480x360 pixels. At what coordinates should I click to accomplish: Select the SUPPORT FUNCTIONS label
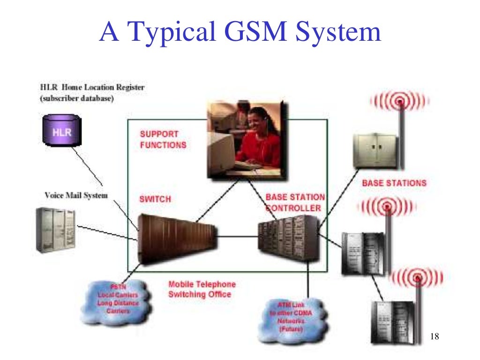[x=163, y=140]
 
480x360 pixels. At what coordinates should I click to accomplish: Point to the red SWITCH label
[x=155, y=199]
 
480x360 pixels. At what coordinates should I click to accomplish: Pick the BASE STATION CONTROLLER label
[x=294, y=202]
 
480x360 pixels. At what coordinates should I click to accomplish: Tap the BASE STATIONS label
[x=394, y=183]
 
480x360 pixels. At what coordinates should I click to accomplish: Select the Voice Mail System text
[x=76, y=195]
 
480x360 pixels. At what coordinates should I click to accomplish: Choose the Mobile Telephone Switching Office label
[x=202, y=290]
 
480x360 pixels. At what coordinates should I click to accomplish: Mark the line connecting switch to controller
[x=237, y=237]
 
